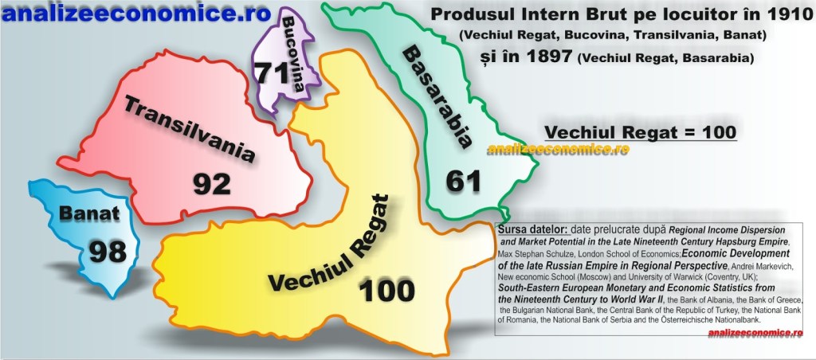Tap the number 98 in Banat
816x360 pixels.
tap(107, 251)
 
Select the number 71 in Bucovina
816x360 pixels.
tap(272, 72)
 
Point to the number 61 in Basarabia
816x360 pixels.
tap(463, 180)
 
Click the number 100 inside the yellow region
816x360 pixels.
tap(387, 289)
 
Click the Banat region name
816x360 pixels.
tap(89, 213)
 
